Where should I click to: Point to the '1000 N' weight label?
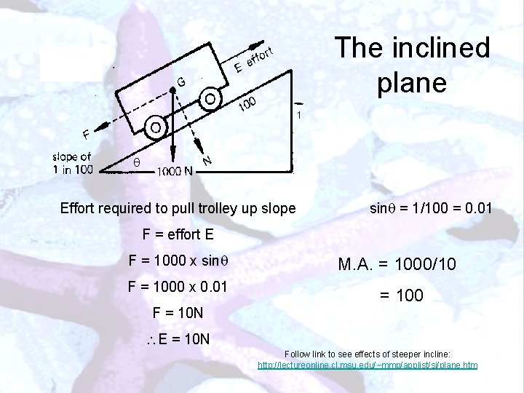175,172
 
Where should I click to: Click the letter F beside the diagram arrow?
86,134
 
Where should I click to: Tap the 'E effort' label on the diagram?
253,59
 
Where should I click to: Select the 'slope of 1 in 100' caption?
72,163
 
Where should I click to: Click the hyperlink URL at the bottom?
368,363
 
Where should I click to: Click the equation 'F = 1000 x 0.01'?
178,287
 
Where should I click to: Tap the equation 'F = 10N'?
177,314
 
